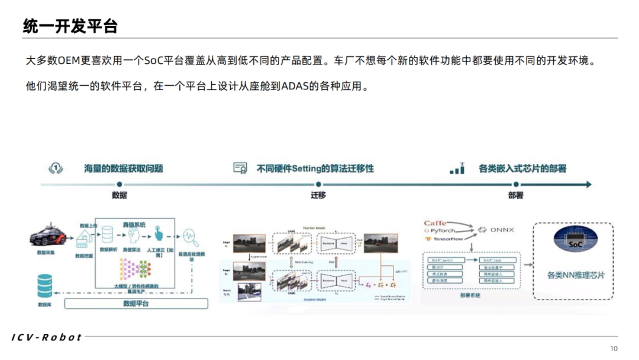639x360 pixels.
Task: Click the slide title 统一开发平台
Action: (70, 26)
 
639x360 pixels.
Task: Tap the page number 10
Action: (614, 348)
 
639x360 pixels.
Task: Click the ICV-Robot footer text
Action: (47, 337)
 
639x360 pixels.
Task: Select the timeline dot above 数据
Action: (119, 185)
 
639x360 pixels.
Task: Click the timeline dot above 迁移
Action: (318, 185)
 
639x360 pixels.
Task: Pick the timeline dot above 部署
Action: (515, 185)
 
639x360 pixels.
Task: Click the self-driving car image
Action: (50, 236)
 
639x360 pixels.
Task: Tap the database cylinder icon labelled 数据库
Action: (45, 286)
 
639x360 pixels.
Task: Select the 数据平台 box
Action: (136, 304)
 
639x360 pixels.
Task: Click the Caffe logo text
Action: (435, 223)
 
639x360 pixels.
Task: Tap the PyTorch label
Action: (443, 231)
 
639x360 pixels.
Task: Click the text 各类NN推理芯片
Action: (573, 275)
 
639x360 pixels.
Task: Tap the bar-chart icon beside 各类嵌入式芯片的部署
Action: (457, 169)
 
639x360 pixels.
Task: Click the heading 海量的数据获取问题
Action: (124, 169)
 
